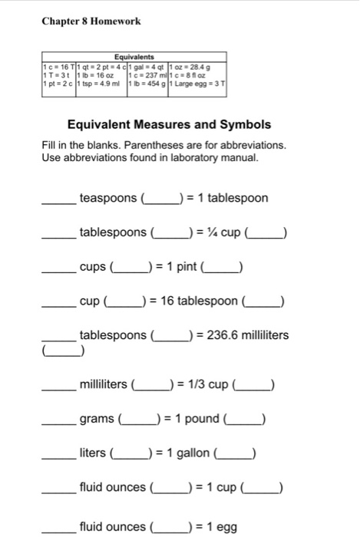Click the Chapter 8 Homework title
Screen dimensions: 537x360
[91, 21]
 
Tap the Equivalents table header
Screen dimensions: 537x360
[134, 56]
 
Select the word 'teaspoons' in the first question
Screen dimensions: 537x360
[108, 199]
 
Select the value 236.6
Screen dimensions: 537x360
[221, 335]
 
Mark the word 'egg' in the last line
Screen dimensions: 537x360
[228, 527]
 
